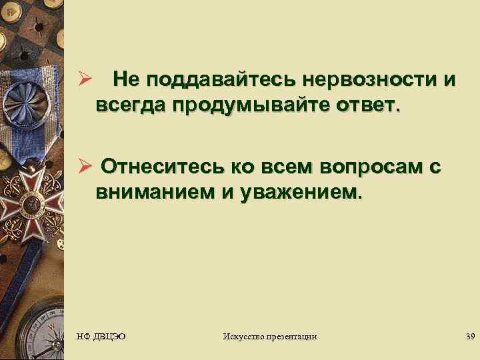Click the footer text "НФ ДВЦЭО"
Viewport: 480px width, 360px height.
coord(101,336)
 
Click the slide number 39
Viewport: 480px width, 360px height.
coord(471,336)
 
